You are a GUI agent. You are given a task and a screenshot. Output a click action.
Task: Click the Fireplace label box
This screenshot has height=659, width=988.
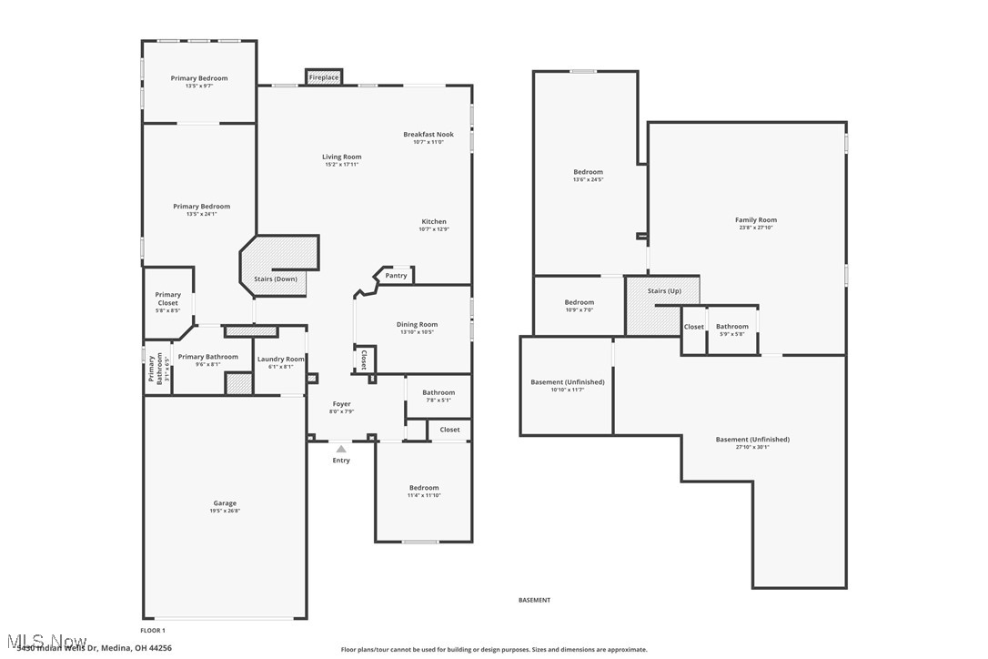coord(324,77)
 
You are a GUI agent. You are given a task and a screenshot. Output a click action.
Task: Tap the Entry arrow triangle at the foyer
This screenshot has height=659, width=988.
coord(341,449)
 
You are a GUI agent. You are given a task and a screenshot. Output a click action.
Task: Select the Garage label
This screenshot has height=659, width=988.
coord(225,503)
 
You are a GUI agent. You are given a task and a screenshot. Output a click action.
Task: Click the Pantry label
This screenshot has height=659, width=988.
coord(396,275)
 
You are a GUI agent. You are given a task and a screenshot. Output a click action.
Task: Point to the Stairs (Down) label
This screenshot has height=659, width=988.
coord(275,279)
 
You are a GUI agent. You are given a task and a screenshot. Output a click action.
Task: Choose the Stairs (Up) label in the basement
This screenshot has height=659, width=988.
coord(664,291)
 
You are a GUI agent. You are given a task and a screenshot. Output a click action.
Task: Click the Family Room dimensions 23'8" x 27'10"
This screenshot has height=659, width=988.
coord(756,228)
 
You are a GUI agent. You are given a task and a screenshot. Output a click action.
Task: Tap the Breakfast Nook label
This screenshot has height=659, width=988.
coord(428,134)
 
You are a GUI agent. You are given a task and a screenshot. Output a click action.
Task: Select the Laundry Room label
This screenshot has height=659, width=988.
coord(281,359)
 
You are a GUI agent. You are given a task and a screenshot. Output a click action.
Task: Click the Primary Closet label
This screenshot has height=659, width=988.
coord(168,299)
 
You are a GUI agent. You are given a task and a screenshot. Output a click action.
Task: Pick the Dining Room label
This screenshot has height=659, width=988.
coord(417,324)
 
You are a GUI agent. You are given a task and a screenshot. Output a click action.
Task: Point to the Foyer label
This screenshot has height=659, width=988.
coord(341,404)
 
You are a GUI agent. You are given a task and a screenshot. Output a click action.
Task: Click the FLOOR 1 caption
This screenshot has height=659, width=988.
coord(153,630)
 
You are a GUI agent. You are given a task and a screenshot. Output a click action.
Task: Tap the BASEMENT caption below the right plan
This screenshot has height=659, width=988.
coord(534,600)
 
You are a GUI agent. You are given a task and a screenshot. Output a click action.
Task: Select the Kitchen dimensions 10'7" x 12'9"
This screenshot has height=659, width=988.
coord(434,229)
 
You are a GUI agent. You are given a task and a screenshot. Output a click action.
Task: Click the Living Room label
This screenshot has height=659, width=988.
coord(342,157)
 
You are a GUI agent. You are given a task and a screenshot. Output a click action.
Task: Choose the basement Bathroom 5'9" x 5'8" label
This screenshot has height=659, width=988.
coord(731,327)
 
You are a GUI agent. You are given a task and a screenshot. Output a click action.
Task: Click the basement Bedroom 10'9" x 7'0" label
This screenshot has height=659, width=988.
coord(580,302)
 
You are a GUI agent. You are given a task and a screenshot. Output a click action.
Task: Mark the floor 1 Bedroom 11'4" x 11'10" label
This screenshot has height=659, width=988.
coord(424,488)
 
